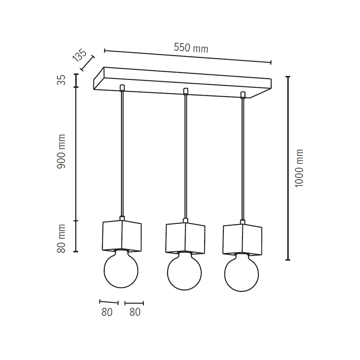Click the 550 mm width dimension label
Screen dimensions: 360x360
click(191, 48)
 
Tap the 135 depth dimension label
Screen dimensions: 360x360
click(80, 55)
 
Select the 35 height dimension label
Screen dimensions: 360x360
click(61, 80)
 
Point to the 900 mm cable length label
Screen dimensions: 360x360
click(61, 152)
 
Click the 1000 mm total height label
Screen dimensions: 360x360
click(299, 168)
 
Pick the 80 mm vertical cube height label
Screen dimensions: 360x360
click(61, 239)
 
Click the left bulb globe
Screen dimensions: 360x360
click(121, 269)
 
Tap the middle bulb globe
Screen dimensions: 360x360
click(184, 271)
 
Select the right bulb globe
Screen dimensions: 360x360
click(242, 273)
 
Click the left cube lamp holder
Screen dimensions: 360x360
click(122, 236)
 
